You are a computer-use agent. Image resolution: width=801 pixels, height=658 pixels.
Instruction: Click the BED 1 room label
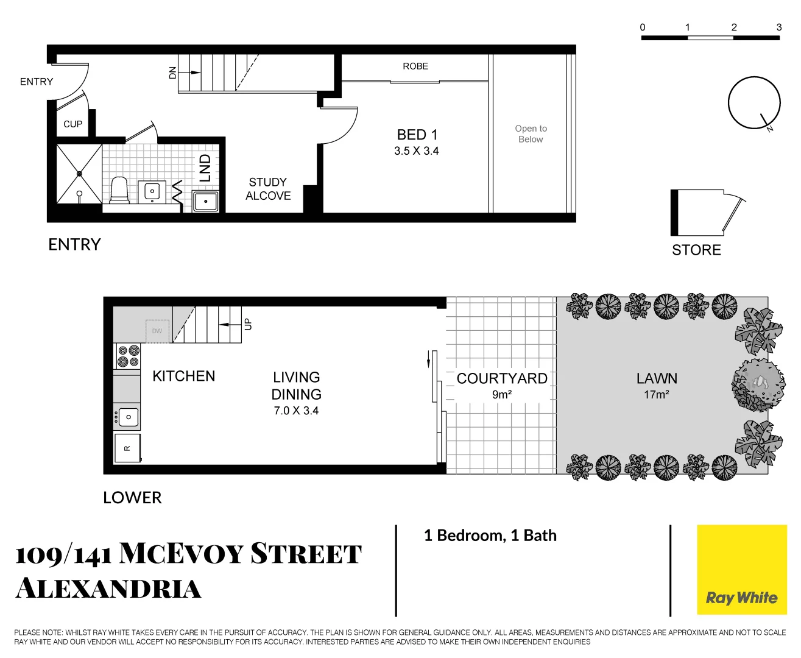[x=417, y=135]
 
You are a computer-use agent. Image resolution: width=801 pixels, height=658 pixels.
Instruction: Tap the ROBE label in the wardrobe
[x=415, y=66]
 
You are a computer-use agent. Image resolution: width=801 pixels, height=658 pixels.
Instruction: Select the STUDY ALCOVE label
[x=268, y=189]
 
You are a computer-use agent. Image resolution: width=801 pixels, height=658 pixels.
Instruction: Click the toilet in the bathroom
[x=119, y=191]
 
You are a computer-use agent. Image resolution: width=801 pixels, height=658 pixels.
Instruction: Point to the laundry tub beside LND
[x=206, y=201]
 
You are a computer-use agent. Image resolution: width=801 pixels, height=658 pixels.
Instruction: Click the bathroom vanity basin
[x=152, y=192]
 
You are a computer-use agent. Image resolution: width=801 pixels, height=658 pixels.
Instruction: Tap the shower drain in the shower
[x=79, y=174]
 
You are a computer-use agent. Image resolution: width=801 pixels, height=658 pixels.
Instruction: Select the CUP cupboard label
[x=72, y=124]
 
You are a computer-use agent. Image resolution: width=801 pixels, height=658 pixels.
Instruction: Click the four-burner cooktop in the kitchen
[x=128, y=356]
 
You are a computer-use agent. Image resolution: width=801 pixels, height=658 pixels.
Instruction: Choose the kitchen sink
[x=128, y=417]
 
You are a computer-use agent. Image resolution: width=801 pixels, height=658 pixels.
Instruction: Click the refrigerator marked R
[x=127, y=448]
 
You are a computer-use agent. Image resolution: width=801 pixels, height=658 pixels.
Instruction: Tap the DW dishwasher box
[x=157, y=331]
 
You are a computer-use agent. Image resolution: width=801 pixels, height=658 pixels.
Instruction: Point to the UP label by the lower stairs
[x=247, y=324]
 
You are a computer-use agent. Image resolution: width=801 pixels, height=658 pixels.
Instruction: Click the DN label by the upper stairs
[x=172, y=73]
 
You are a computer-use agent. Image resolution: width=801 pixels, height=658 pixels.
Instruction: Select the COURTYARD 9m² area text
[x=502, y=386]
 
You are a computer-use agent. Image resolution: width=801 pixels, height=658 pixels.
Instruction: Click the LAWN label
[x=657, y=378]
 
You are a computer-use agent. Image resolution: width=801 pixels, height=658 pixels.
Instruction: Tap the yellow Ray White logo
[x=741, y=570]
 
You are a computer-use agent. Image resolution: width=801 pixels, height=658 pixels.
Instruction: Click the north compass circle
[x=753, y=102]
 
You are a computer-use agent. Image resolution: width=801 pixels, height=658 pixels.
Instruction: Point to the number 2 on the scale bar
[x=733, y=27]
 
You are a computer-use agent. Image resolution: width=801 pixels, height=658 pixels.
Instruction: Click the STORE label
[x=696, y=250]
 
